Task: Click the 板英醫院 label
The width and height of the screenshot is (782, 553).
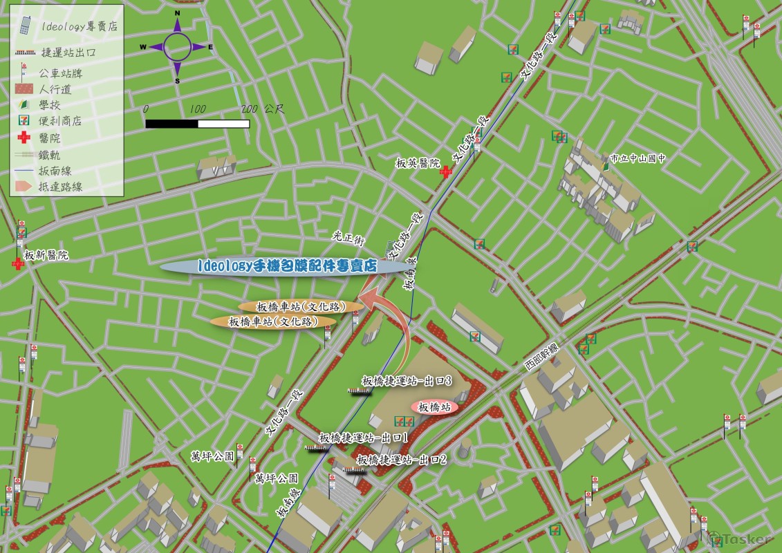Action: (417, 164)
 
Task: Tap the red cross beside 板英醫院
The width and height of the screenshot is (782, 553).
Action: (447, 171)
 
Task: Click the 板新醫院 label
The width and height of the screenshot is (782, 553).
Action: (46, 256)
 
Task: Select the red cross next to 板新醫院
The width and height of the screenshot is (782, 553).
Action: (17, 264)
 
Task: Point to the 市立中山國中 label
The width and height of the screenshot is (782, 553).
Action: (637, 158)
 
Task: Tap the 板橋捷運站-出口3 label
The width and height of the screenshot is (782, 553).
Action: (407, 381)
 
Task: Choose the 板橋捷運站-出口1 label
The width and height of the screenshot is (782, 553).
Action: (363, 438)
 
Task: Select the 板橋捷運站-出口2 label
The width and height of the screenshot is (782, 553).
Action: (402, 459)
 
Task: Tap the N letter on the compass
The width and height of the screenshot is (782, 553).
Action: (178, 13)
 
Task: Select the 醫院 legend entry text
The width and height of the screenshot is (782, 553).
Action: (50, 138)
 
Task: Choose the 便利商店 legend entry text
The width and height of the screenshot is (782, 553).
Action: (60, 121)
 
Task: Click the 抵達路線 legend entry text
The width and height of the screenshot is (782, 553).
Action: (61, 187)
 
